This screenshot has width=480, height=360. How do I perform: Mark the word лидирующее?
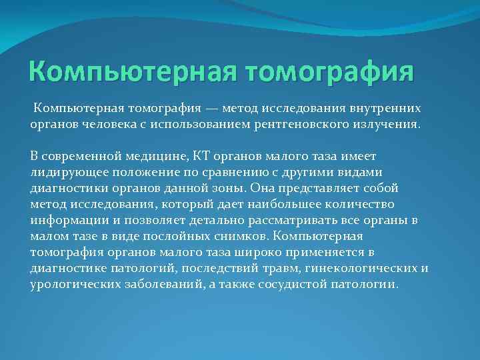(66, 172)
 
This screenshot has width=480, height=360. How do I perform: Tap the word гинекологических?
(353, 268)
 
